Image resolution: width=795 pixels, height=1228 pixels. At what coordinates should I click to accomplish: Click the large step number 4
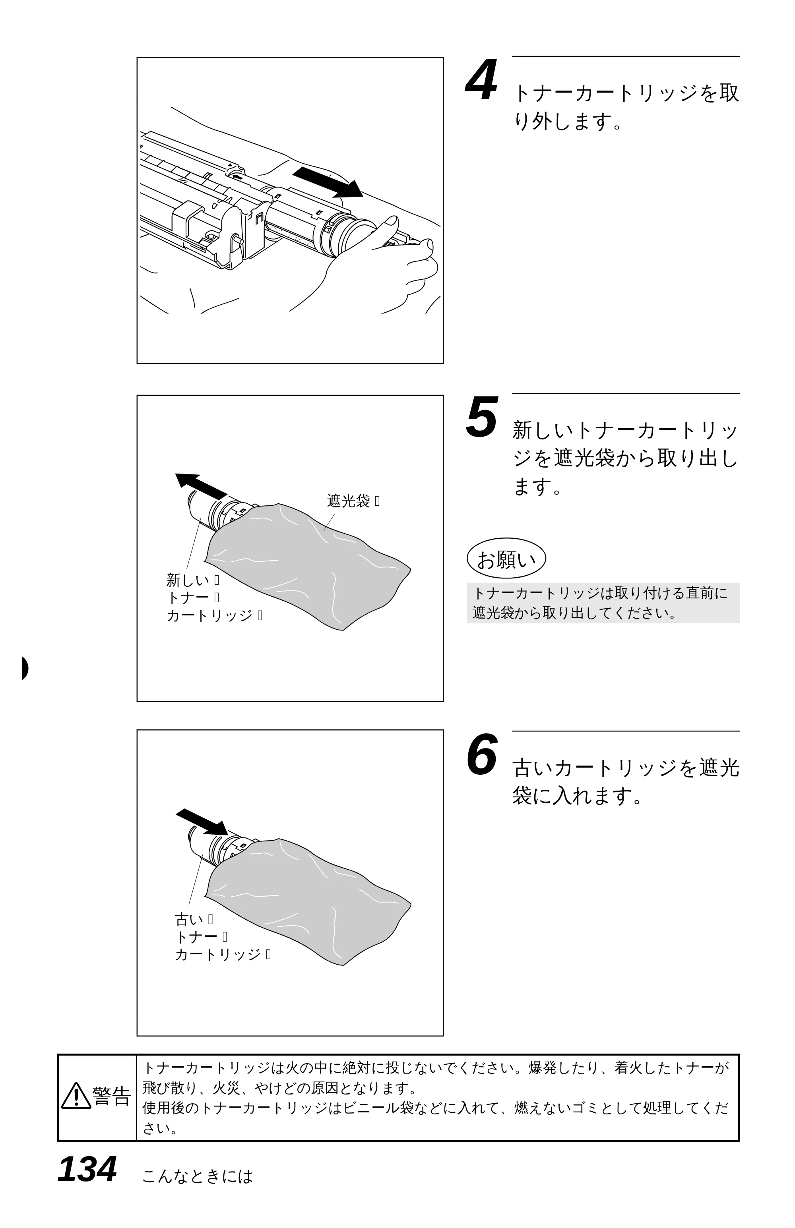point(482,81)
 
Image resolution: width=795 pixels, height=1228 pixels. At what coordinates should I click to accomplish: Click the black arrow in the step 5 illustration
point(201,485)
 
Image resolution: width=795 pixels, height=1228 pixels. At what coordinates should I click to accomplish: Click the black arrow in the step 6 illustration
point(201,822)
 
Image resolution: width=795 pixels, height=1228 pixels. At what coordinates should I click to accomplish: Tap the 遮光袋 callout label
point(349,501)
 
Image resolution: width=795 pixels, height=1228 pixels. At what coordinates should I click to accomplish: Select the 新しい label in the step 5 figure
point(188,580)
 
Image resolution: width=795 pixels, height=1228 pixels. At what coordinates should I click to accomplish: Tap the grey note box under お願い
point(603,603)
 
